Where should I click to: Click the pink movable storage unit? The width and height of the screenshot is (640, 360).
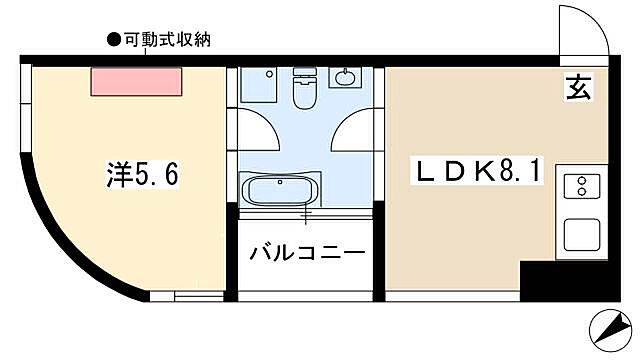[x=137, y=81]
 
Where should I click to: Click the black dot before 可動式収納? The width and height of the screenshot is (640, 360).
[x=112, y=40]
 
